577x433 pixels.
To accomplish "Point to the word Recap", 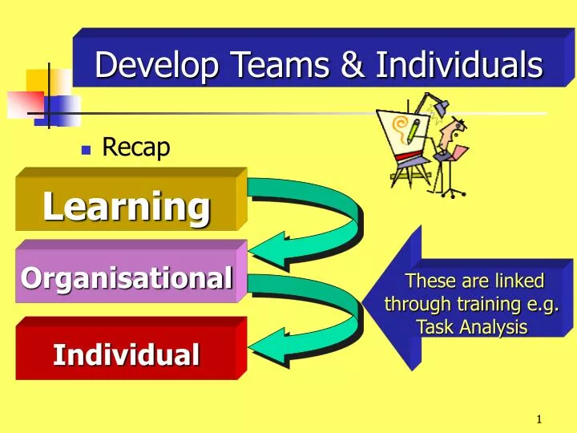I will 136,148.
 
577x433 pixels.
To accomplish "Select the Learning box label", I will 127,206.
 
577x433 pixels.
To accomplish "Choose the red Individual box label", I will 127,354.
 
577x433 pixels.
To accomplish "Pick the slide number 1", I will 540,419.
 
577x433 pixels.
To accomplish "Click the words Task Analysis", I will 472,327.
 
